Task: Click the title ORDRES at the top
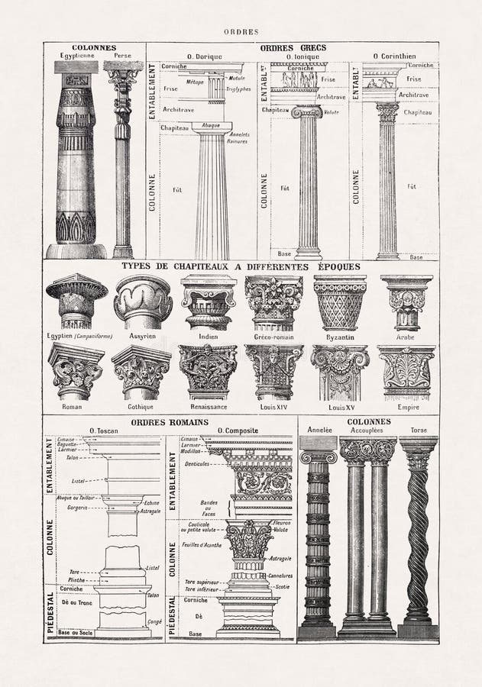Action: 241,32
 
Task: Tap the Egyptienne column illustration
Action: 76,160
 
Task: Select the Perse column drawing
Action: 123,160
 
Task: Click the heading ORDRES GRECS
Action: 293,47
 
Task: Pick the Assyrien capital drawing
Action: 144,302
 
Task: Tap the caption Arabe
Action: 406,337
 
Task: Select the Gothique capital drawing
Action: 141,372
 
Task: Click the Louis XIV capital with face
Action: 273,372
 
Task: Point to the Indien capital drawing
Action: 209,302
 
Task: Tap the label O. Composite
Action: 237,431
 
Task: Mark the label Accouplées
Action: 367,431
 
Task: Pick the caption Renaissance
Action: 208,407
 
